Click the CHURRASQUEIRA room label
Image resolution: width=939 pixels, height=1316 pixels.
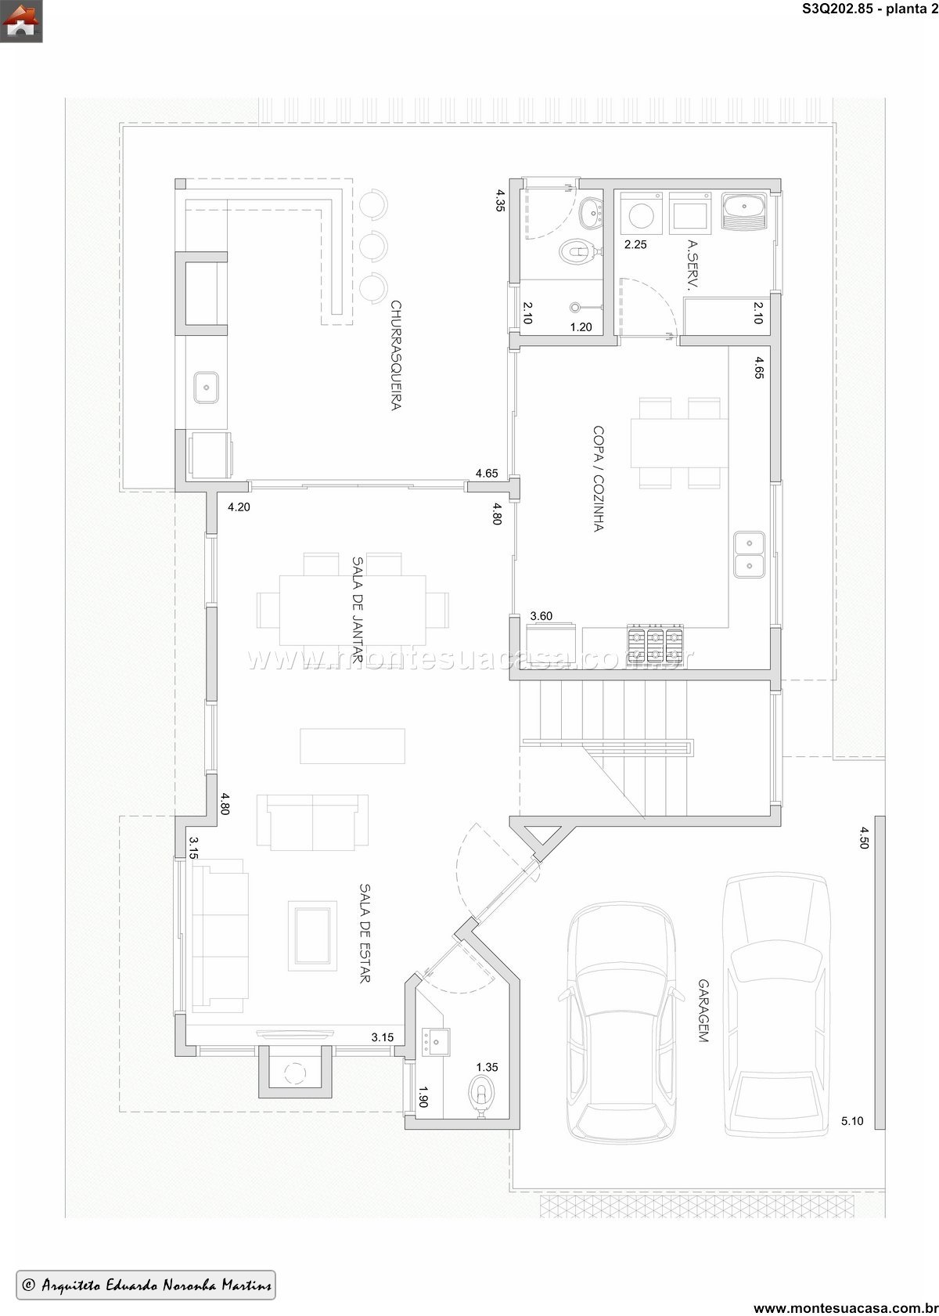click(397, 355)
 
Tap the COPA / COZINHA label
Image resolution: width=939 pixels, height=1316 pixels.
click(599, 479)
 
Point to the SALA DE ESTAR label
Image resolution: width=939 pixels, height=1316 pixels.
click(365, 933)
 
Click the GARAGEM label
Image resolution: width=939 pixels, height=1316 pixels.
click(703, 1011)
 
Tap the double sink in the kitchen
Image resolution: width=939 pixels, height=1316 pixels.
click(749, 554)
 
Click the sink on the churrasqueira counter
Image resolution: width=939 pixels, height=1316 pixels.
click(206, 388)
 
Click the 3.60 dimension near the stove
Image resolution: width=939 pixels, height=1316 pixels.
click(541, 615)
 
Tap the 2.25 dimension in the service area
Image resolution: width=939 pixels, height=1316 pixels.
click(635, 244)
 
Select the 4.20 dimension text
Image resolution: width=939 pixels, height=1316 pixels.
click(239, 507)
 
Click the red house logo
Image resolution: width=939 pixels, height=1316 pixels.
click(21, 21)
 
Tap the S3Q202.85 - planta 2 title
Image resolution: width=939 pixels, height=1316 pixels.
click(870, 9)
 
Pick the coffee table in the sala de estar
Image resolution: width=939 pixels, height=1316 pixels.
click(312, 935)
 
